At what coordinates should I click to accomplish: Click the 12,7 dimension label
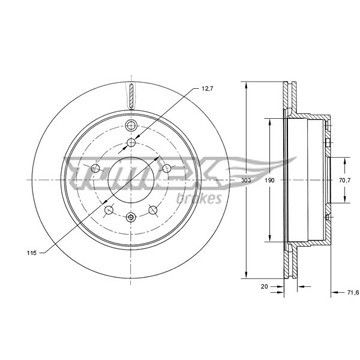(207, 89)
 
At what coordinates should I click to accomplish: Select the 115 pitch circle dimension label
(31, 252)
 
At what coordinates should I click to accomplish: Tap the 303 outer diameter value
(245, 180)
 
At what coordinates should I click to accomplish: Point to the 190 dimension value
(269, 180)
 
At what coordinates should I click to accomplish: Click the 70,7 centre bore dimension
(344, 180)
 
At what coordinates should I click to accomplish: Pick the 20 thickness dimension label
(264, 286)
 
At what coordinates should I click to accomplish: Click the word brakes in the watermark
(199, 198)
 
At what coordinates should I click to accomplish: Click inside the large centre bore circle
(131, 179)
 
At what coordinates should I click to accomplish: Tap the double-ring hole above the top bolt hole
(131, 125)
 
